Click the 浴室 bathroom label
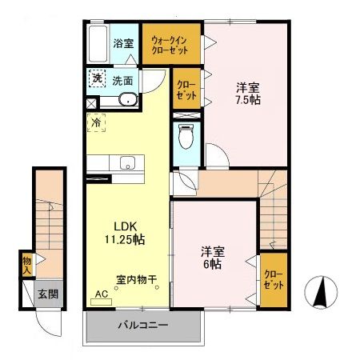[x=122, y=43]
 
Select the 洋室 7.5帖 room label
[x=247, y=94]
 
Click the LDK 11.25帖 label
[x=120, y=232]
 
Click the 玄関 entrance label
[x=48, y=294]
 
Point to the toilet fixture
[x=186, y=137]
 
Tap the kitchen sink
[x=127, y=163]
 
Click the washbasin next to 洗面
[x=127, y=100]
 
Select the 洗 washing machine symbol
[x=96, y=78]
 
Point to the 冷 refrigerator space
[x=95, y=124]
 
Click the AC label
[x=101, y=294]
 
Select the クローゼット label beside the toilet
[x=184, y=90]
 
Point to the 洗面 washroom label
[x=122, y=80]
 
